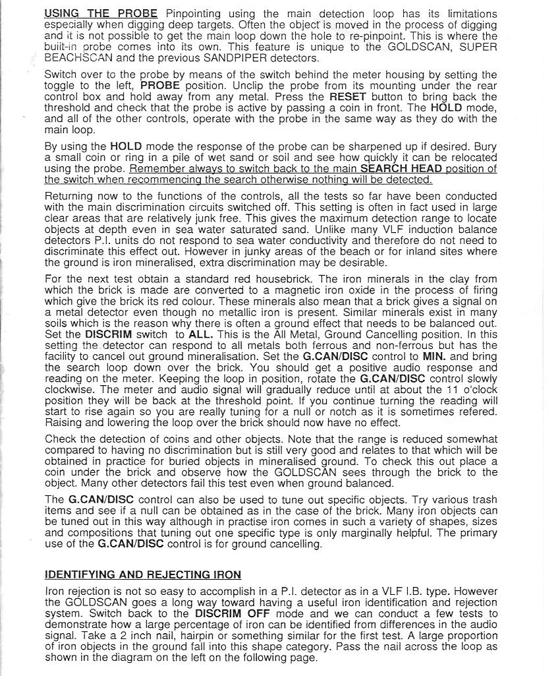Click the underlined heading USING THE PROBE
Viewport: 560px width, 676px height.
101,13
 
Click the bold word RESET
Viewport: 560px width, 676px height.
347,96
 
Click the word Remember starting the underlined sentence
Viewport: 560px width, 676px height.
158,169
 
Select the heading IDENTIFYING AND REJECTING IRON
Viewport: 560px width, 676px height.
142,575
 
